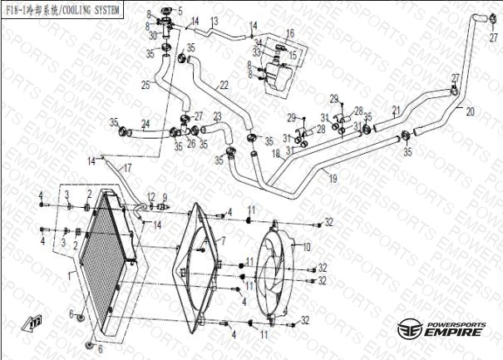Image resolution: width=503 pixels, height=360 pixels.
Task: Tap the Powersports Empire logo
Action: coord(441,328)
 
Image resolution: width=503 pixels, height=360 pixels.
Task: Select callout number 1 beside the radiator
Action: coord(68,272)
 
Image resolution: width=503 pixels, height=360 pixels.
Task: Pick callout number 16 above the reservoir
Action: coord(289,33)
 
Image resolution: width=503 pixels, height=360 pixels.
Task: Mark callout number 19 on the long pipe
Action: coord(332,178)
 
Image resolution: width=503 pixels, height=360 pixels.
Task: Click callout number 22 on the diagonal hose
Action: coord(224,85)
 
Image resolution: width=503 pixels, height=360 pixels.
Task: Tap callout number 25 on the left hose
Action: coord(145,84)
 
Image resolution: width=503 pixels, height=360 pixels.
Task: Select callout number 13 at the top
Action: coord(214,20)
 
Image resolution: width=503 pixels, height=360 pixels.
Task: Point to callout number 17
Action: coord(127,169)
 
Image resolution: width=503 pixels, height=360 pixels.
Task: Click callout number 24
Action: coord(145,124)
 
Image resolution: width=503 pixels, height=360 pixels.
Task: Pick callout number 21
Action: coord(396,110)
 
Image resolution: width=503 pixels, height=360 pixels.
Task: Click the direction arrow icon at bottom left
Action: coord(34,322)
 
